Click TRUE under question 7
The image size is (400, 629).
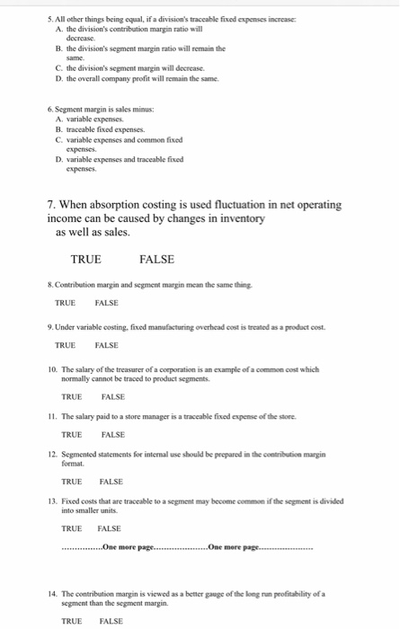85,260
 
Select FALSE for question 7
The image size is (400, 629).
157,260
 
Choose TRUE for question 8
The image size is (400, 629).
65,303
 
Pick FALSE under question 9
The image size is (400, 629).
106,345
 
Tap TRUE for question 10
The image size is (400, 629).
71,396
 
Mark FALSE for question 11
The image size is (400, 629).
112,434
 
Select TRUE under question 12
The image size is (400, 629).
71,482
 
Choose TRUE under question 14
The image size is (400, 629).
71,621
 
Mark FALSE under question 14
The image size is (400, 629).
111,621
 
